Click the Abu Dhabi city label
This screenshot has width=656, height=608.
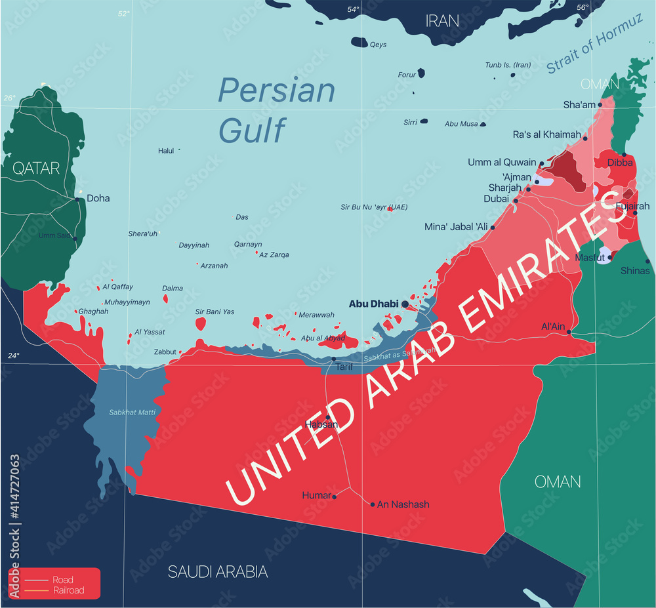[373, 304]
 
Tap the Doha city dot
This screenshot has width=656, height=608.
[78, 199]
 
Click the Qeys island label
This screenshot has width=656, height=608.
[379, 45]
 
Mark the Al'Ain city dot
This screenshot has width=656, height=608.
[569, 332]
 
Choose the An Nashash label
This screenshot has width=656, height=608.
[403, 504]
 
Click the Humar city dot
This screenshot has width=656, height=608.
[335, 497]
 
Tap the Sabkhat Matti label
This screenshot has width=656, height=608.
[128, 413]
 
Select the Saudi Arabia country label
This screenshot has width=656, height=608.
[218, 572]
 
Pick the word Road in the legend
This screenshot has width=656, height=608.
[63, 580]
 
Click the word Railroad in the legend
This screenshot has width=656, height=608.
[68, 590]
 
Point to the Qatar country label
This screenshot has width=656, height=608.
[36, 169]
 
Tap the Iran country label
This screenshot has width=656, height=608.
[442, 20]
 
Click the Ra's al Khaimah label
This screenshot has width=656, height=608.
[546, 134]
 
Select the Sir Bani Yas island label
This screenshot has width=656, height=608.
[215, 312]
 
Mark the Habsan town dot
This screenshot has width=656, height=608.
[328, 417]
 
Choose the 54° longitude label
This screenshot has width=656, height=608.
[353, 9]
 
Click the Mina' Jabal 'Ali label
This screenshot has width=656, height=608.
[457, 227]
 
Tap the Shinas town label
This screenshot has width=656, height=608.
[635, 271]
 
